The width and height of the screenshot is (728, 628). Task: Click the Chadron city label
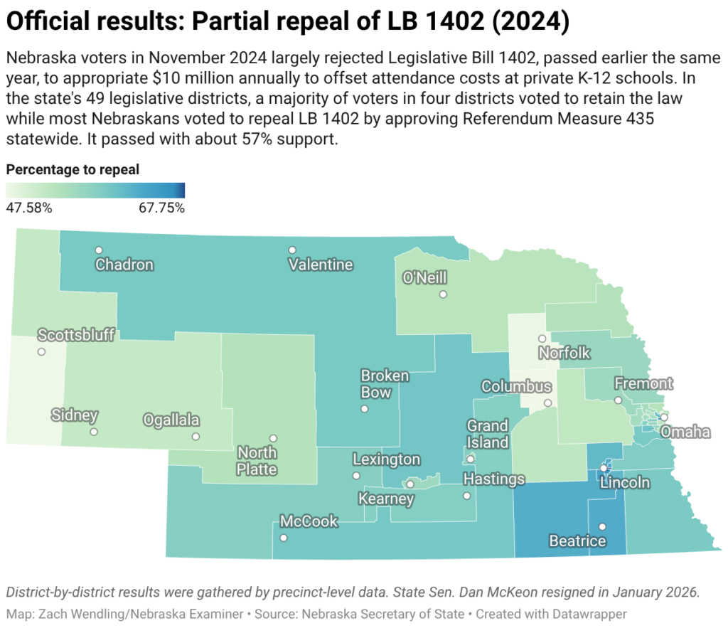[124, 265]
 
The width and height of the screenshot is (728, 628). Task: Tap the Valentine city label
[321, 265]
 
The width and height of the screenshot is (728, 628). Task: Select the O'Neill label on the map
[424, 277]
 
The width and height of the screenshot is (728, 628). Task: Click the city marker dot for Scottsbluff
[41, 352]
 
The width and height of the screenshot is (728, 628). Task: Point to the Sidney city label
[75, 415]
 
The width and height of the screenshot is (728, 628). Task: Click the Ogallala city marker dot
[196, 437]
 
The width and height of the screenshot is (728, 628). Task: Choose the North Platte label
[257, 461]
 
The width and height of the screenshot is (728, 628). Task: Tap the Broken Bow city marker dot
[365, 409]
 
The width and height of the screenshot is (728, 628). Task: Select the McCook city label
[309, 521]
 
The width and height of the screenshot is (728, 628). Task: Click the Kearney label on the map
[386, 499]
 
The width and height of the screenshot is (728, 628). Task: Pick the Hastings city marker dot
[467, 496]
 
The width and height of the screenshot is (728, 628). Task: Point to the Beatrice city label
[577, 541]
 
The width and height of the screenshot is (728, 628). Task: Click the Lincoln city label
[625, 483]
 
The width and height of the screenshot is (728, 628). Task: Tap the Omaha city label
[685, 432]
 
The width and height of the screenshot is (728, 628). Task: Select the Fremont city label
[643, 384]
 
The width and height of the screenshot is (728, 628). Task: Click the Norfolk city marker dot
[542, 339]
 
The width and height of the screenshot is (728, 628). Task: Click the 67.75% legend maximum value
[161, 208]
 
